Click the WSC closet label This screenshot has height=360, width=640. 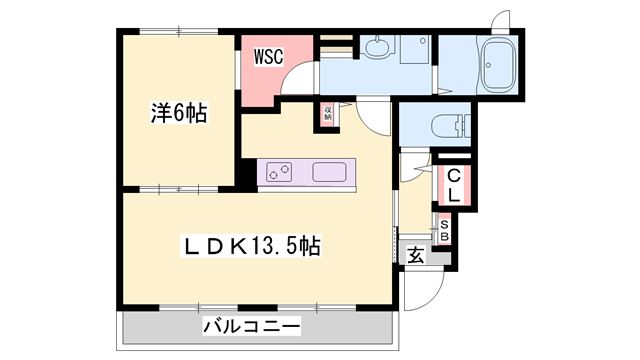click(x=268, y=57)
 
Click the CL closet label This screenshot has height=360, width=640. click(x=452, y=186)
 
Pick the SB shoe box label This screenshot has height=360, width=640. click(x=446, y=230)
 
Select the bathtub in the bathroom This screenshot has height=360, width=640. click(x=497, y=66)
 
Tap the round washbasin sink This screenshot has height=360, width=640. click(x=377, y=47)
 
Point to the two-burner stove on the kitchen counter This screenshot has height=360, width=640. click(x=278, y=172)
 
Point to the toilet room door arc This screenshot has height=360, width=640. click(x=412, y=165)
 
